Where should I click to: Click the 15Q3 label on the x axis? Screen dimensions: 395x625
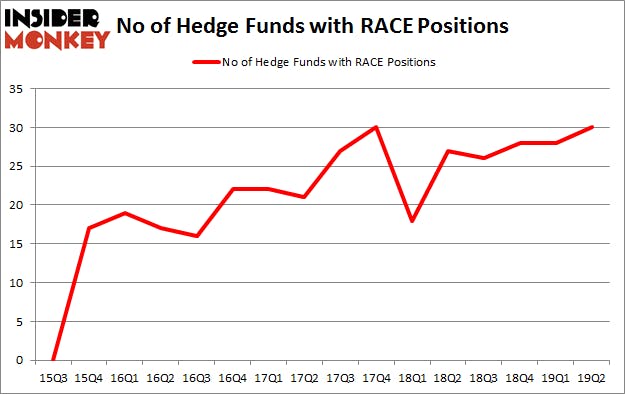click(53, 378)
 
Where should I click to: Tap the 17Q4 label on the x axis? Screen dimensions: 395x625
click(377, 378)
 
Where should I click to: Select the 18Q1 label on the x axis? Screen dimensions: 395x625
click(413, 378)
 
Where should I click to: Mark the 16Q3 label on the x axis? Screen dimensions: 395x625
click(197, 378)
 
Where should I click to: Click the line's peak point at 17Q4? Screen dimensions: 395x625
click(377, 127)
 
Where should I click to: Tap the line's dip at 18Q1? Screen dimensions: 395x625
click(413, 220)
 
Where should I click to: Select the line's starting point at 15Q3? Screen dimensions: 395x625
click(53, 359)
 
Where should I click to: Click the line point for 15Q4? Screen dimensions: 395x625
click(89, 228)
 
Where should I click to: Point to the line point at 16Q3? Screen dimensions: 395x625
click(197, 236)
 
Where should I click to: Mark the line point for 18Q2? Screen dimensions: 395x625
click(449, 151)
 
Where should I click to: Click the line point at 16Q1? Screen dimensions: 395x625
click(125, 213)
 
